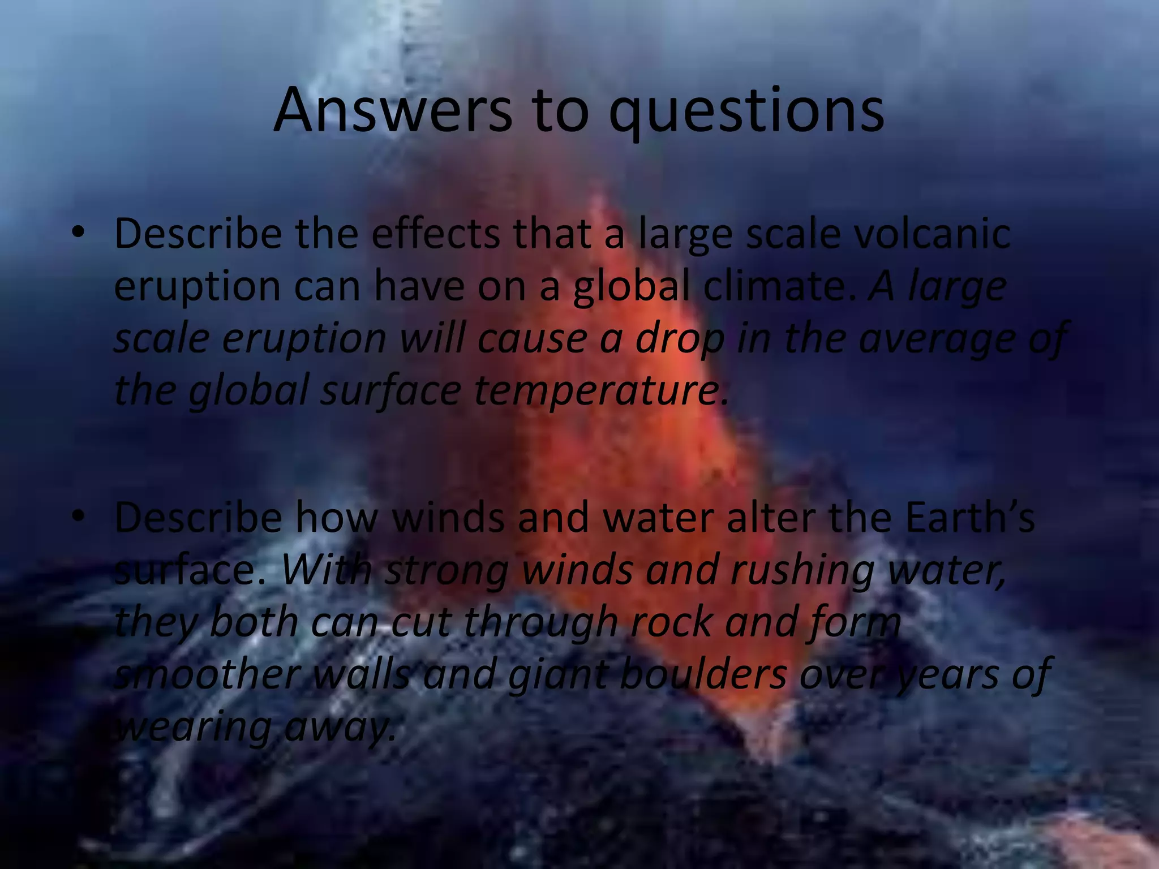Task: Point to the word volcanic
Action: [x=932, y=234]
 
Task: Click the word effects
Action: [x=435, y=234]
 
